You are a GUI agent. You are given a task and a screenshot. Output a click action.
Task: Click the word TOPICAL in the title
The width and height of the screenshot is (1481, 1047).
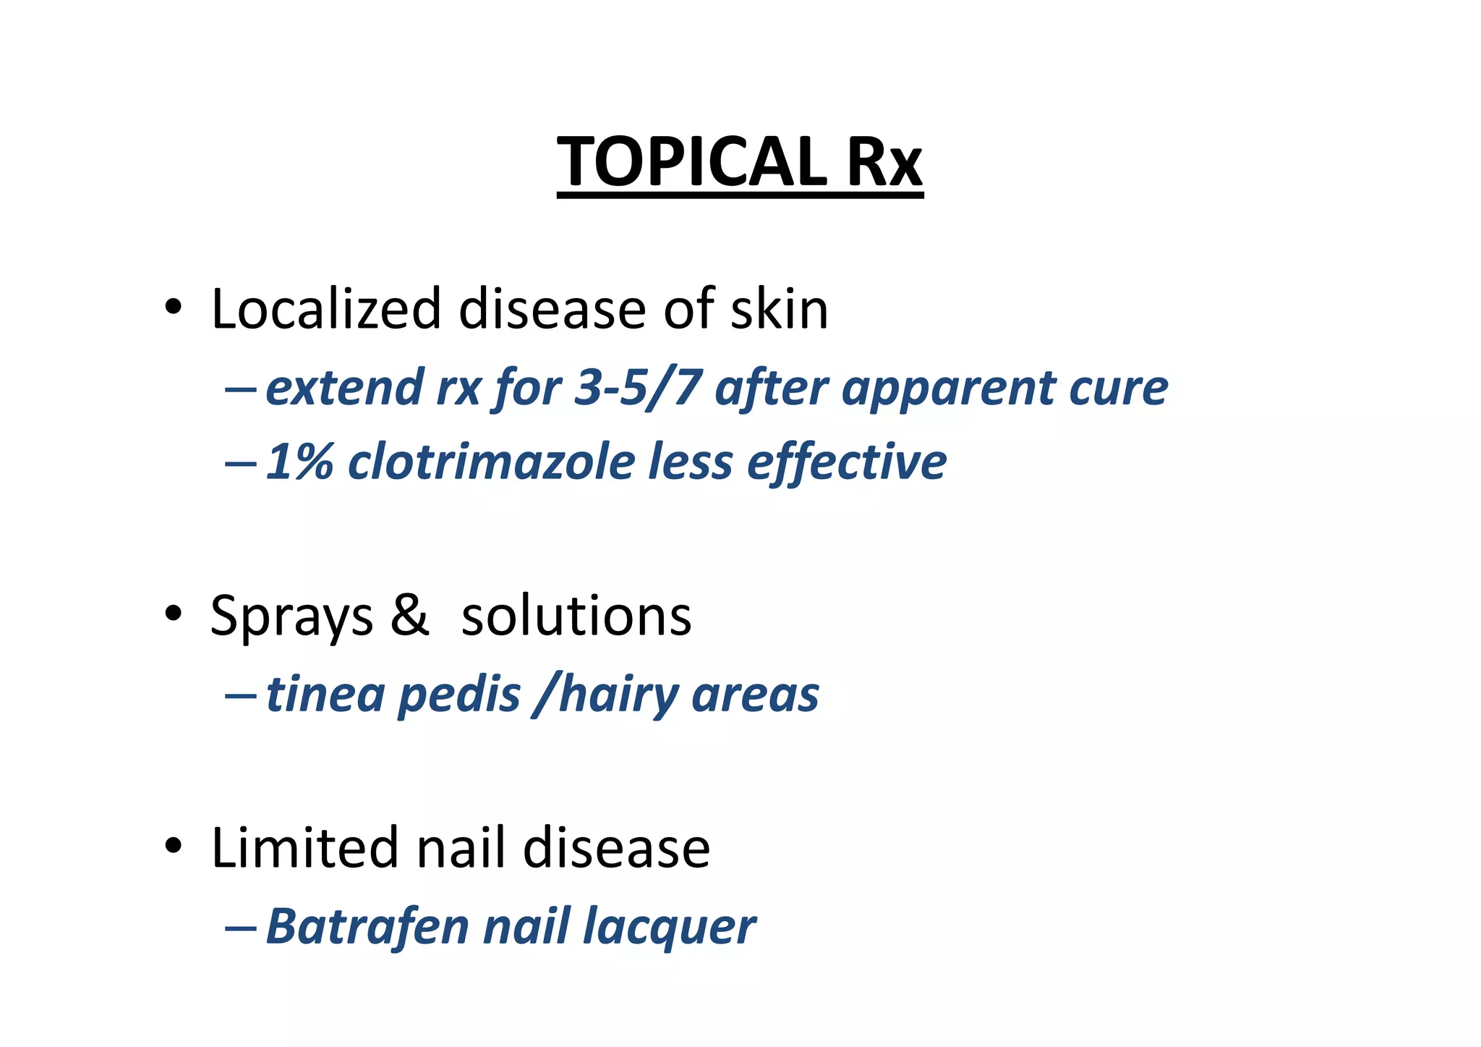[691, 161]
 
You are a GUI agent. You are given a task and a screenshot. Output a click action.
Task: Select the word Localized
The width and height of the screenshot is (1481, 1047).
[325, 309]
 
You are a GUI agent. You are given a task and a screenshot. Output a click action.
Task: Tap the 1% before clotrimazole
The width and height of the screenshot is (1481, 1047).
[299, 462]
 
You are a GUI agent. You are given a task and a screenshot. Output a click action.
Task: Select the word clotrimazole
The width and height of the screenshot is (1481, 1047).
[491, 462]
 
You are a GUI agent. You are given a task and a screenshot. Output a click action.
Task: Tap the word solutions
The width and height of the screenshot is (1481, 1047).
[576, 616]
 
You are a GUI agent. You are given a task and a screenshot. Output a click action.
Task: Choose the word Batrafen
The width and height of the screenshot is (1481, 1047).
[367, 926]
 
